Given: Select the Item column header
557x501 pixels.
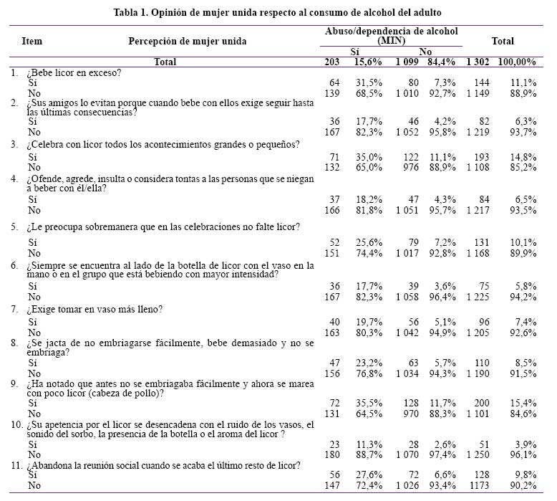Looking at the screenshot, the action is (32, 42).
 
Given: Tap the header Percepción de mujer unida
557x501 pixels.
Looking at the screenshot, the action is (187, 42).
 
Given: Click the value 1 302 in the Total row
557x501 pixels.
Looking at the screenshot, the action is (478, 62).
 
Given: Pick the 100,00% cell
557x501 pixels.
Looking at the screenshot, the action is (517, 62).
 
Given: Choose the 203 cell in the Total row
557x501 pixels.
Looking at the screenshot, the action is (331, 62).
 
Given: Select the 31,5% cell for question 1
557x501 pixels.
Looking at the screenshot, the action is (369, 83).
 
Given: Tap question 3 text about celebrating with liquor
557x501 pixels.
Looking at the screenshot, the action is (163, 145).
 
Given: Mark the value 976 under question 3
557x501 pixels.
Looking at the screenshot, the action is (411, 168).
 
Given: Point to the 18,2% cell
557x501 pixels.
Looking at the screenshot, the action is (369, 199).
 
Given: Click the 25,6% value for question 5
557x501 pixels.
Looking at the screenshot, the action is (369, 242).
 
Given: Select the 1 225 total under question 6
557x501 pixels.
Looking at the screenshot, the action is (478, 297).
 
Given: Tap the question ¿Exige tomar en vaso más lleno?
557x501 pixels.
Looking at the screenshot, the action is (95, 310).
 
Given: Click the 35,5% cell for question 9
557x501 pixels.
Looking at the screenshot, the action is (369, 404).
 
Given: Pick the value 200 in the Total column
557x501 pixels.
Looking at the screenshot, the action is (482, 404).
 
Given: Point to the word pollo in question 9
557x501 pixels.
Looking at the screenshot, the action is (147, 393).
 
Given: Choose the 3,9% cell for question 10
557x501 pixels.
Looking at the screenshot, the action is (525, 445).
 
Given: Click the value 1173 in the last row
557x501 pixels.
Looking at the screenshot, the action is (478, 486).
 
